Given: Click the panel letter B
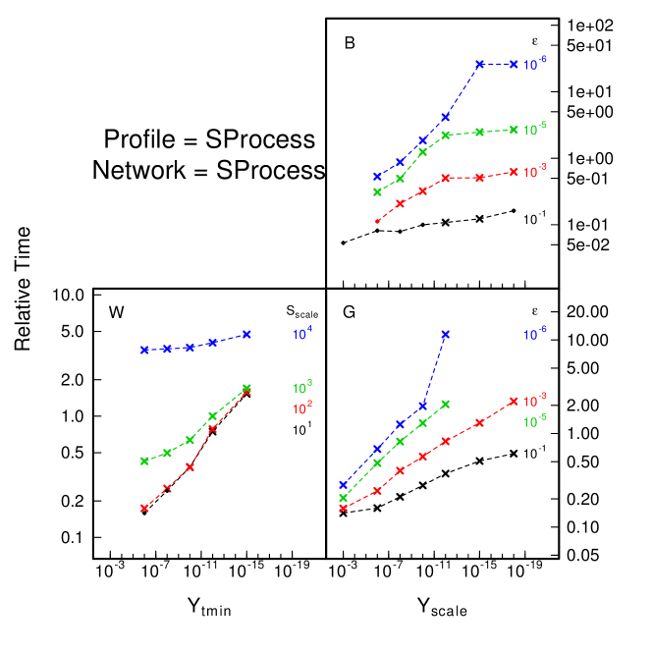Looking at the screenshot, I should (x=350, y=43).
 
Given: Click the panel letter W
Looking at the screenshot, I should (x=117, y=313).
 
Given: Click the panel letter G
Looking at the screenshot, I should (x=350, y=313).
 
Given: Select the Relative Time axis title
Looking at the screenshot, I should (x=24, y=289).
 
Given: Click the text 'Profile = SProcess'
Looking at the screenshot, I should (x=209, y=139).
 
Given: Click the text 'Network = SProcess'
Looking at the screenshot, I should (x=208, y=170).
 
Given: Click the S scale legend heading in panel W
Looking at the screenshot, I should (x=301, y=311).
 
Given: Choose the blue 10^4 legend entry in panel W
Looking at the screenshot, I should (x=301, y=334).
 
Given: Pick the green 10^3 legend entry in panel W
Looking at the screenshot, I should (x=301, y=386).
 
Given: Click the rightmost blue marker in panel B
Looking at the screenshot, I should (x=514, y=65).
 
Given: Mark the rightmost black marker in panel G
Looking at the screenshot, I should (x=514, y=453).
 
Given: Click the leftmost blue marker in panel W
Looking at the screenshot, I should (x=144, y=350).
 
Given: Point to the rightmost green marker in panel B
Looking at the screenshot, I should (x=514, y=129).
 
